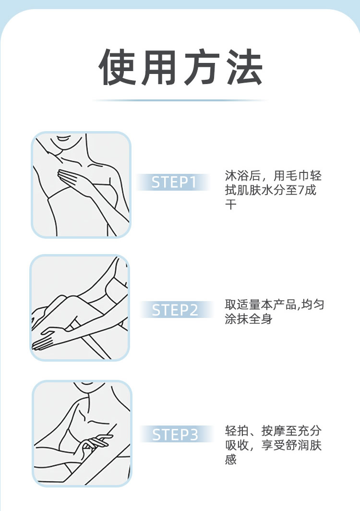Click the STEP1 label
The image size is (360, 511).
174,182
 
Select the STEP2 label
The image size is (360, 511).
175,310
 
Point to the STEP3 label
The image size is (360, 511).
175,435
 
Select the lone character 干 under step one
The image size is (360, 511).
231,205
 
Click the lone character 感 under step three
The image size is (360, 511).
231,460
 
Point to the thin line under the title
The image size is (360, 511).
180,100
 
